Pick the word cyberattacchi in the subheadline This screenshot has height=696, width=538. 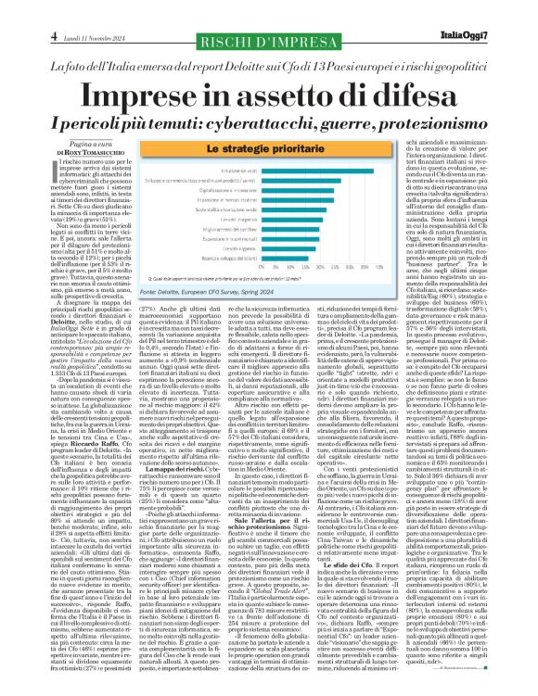274,93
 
